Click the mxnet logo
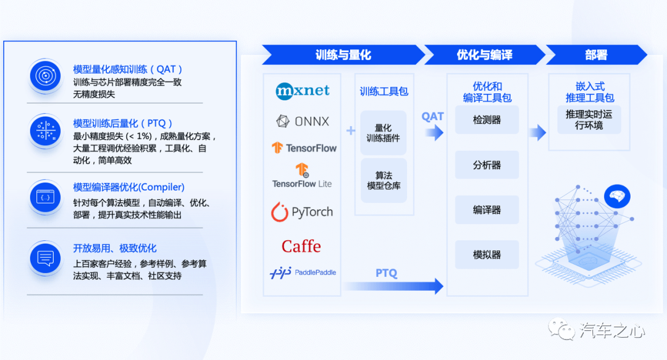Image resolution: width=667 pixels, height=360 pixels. click(303, 91)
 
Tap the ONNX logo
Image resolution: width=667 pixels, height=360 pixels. click(303, 121)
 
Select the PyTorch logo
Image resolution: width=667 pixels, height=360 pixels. click(302, 212)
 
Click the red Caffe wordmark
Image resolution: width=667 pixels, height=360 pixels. click(301, 246)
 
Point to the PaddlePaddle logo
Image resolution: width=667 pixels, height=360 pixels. click(303, 272)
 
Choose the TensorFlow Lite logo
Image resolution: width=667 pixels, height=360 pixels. click(302, 175)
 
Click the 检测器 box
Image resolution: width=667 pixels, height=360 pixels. click(487, 120)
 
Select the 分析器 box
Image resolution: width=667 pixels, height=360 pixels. click(487, 165)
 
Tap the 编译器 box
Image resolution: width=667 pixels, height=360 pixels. click(487, 210)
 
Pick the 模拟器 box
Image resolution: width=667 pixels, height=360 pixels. click(487, 254)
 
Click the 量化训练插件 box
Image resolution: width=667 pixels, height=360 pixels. click(384, 133)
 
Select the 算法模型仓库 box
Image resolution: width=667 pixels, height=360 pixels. click(384, 180)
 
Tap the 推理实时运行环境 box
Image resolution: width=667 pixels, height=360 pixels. click(589, 120)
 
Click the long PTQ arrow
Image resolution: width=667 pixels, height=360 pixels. click(393, 286)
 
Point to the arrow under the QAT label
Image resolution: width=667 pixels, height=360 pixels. click(434, 133)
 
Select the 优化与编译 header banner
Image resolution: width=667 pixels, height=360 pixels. click(485, 55)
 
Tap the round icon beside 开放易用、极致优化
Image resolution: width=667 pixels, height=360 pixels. click(46, 258)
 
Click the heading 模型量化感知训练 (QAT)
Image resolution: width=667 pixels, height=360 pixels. click(128, 69)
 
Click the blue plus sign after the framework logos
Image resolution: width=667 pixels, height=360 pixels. click(351, 131)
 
